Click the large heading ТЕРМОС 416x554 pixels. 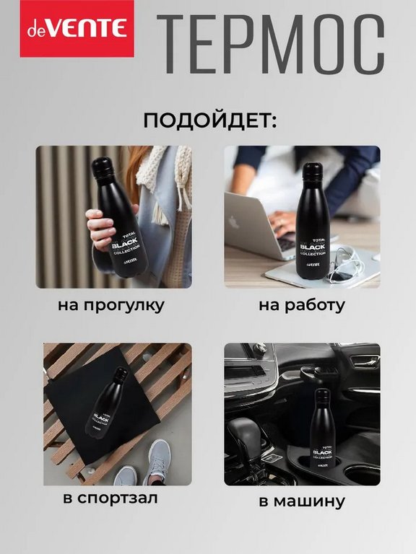point(270,45)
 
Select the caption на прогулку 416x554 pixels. point(111,305)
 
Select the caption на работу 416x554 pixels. point(301,305)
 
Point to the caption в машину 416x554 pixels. point(303,501)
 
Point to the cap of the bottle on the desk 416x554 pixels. point(312,173)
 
